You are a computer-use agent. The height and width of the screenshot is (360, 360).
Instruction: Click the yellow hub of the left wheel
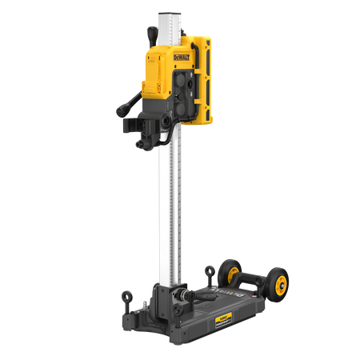233,271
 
